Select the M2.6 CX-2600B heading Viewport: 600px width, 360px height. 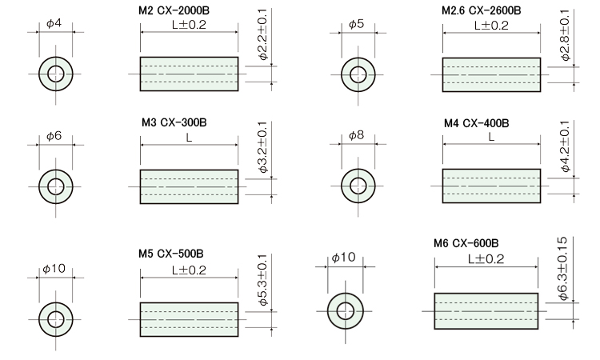(481, 11)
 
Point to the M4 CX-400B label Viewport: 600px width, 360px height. (476, 124)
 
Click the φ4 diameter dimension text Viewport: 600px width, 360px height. (54, 24)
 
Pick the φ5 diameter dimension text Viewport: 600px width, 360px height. (356, 24)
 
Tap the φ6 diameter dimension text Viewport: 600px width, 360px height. (54, 137)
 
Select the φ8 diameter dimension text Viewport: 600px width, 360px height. (356, 137)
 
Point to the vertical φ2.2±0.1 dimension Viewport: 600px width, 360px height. (263, 35)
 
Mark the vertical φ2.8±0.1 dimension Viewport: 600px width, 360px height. (566, 35)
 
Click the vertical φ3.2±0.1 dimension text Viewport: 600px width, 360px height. (263, 148)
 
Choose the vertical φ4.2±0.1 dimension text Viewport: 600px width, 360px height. (566, 148)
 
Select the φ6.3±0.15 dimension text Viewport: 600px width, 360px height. (563, 268)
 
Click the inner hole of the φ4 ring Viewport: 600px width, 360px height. (55, 74)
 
